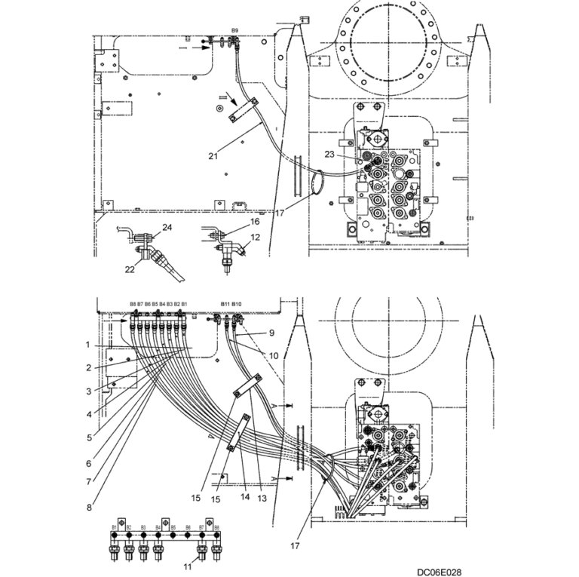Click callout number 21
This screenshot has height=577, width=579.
213,156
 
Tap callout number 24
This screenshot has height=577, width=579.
167,227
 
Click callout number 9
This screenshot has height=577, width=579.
272,333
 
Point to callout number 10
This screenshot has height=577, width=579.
274,354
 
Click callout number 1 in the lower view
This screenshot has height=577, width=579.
88,345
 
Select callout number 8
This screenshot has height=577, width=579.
89,508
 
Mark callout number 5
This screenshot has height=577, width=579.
89,437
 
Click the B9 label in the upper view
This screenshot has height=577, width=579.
235,30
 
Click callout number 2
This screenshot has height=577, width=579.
88,368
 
